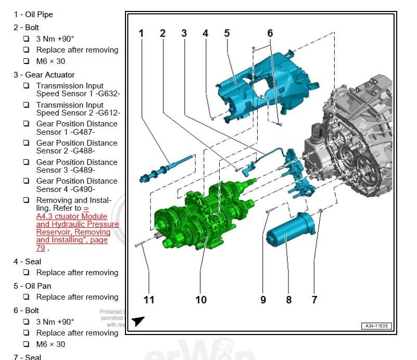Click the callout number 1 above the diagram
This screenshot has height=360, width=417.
141,33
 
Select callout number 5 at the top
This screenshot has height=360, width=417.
227,33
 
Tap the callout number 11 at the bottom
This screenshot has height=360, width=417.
149,300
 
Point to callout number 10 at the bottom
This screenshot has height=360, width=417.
201,300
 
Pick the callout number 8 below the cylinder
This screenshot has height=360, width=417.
288,300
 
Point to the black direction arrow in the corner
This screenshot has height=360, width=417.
138,322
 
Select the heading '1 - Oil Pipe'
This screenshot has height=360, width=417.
33,14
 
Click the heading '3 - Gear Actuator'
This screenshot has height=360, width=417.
44,74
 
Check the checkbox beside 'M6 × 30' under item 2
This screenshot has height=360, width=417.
26,61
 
